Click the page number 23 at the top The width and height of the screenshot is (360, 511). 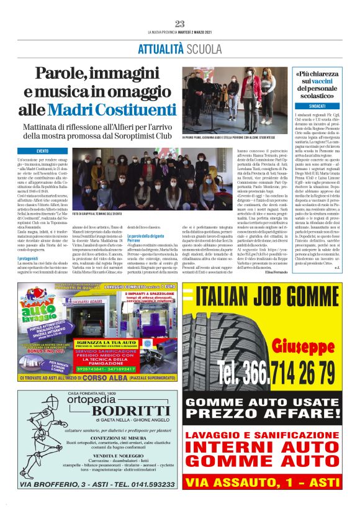[x=180, y=24]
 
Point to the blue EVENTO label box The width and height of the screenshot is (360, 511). [x=42, y=151]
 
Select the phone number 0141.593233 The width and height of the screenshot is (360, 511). [x=142, y=484]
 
